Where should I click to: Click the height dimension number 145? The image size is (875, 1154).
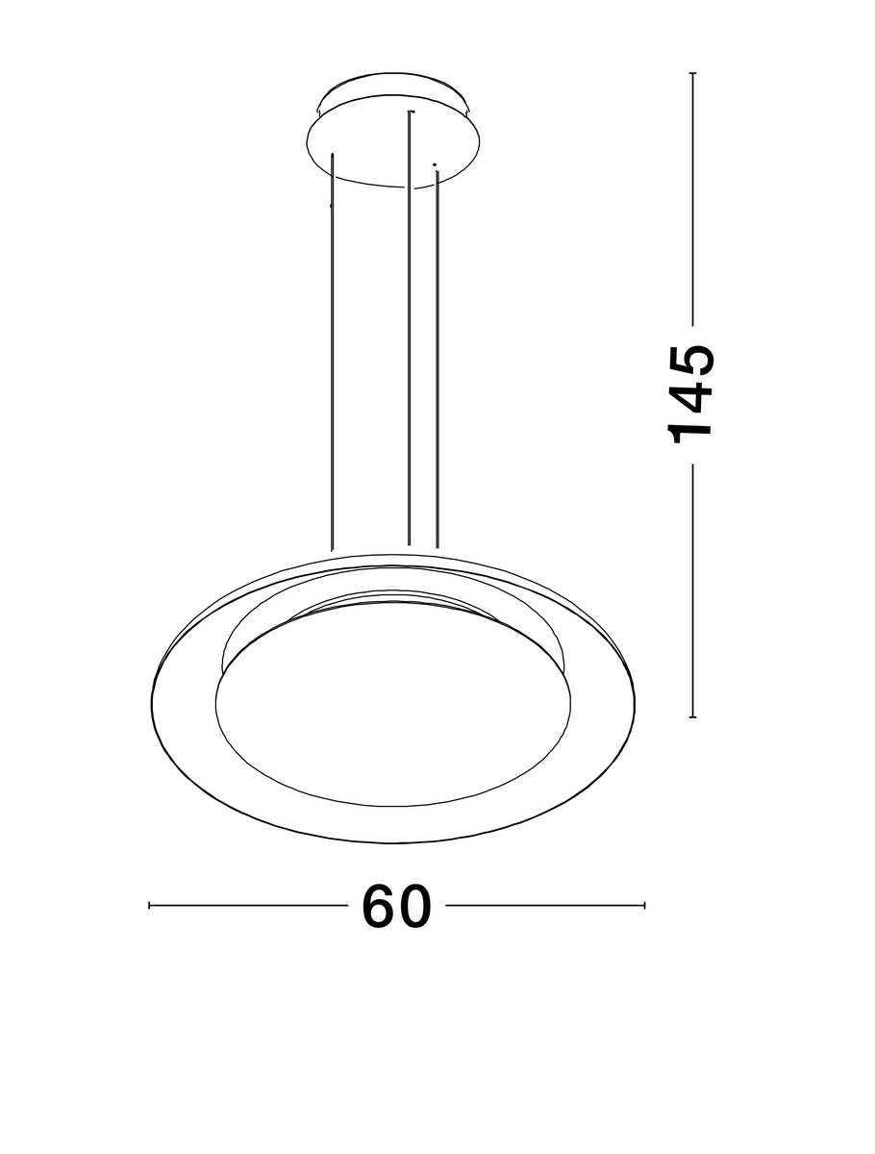[x=690, y=394]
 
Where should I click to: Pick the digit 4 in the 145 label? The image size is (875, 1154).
[x=690, y=395]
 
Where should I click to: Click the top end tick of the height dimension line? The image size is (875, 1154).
[x=692, y=73]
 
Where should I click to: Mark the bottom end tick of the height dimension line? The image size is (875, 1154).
[x=692, y=716]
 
